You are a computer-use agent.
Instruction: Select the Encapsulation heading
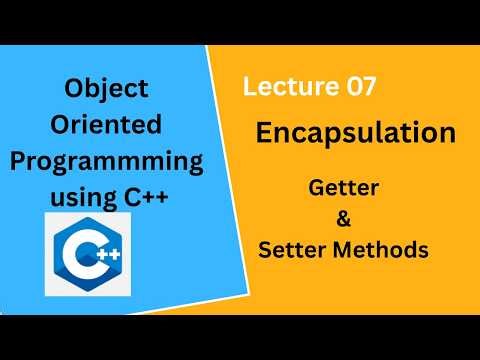(x=355, y=134)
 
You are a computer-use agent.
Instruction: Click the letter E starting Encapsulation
(x=266, y=134)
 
